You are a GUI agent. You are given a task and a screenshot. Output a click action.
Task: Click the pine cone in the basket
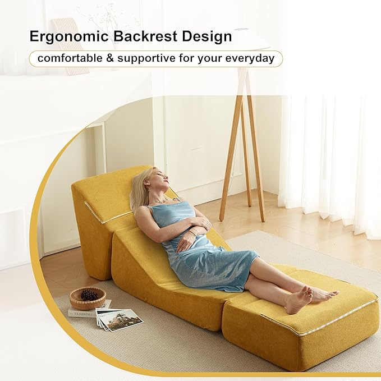(x=89, y=294)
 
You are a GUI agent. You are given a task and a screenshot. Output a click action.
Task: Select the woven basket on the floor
(x=88, y=299)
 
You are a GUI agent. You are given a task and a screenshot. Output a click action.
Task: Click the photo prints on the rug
(x=118, y=319)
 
